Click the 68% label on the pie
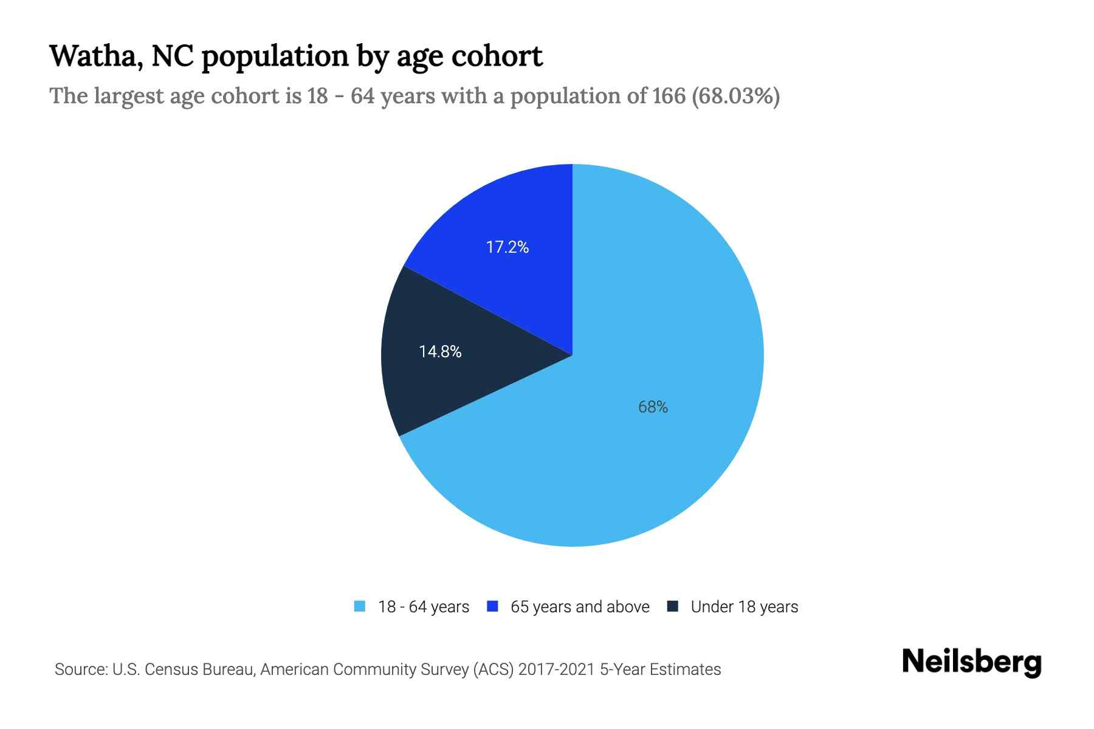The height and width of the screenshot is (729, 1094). click(653, 407)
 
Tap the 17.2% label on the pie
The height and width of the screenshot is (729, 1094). click(507, 247)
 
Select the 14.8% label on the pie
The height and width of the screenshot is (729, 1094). click(440, 352)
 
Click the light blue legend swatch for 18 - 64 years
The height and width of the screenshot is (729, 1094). click(360, 606)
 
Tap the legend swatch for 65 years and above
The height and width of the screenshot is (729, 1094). click(493, 606)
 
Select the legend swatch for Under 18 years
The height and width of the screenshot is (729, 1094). click(673, 606)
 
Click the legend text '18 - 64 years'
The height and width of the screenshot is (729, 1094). click(424, 607)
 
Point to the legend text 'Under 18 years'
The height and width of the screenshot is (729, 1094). click(745, 607)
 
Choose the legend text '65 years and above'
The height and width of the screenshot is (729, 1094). click(580, 607)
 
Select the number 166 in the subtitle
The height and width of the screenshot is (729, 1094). click(669, 96)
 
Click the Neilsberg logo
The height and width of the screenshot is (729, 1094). click(971, 662)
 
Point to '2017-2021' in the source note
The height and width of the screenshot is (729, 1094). click(556, 669)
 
